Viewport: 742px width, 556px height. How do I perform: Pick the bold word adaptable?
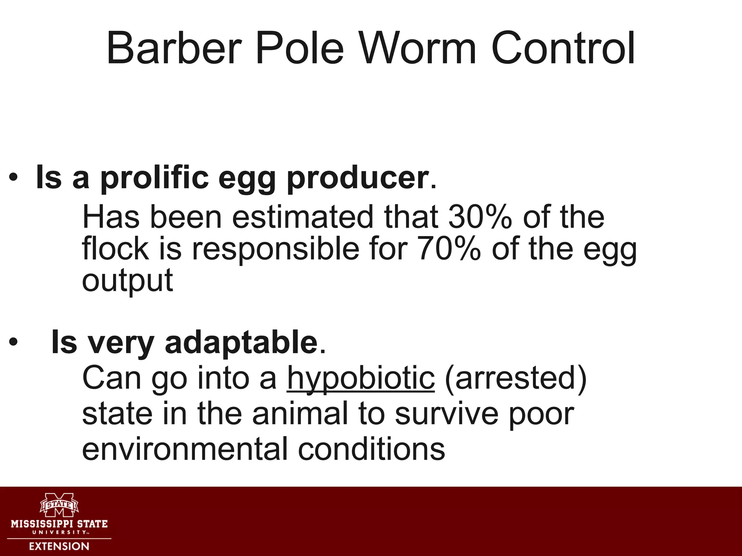coord(241,342)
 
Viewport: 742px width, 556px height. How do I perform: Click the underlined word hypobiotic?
coord(361,378)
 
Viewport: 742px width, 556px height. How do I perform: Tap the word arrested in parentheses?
coord(515,378)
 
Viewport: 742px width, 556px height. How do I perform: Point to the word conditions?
coord(371,448)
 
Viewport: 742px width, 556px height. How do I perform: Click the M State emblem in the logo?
coord(59,504)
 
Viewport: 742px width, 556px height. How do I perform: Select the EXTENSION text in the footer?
coord(59,546)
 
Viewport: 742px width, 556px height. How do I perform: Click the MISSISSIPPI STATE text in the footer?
coord(59,524)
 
